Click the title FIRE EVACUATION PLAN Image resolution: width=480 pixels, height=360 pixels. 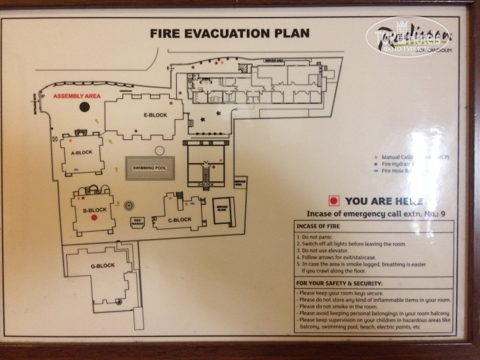coord(229,33)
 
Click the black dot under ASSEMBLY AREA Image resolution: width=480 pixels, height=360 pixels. coord(84,107)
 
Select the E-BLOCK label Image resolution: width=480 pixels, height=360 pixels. coord(155,115)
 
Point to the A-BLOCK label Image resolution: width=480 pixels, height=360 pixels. coord(81,153)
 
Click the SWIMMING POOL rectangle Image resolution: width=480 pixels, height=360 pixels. coord(150,168)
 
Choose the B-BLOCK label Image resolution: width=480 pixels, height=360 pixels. coord(95,209)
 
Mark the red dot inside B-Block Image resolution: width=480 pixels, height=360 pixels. coord(94,218)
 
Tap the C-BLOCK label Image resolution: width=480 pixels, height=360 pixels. coord(179,219)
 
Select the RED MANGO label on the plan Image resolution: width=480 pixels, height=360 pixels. coord(137,223)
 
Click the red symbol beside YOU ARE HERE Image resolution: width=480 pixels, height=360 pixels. coord(333,202)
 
